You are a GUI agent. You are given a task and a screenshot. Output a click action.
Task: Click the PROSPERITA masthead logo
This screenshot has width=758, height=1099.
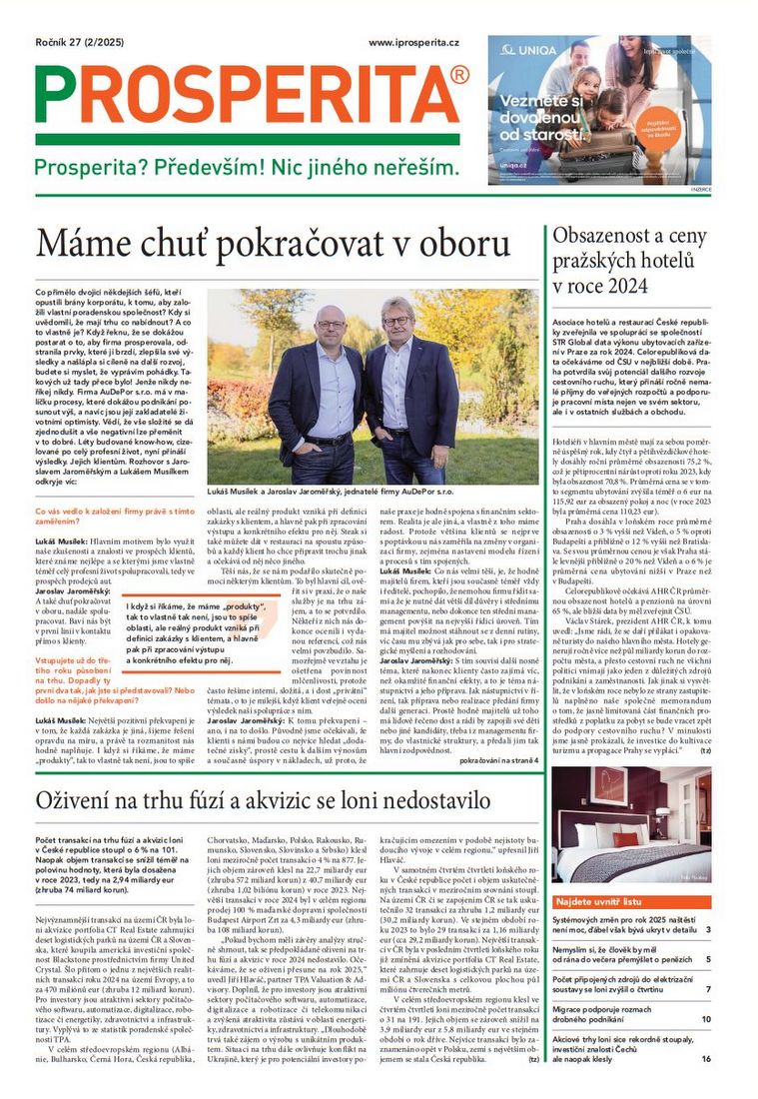[x=250, y=95]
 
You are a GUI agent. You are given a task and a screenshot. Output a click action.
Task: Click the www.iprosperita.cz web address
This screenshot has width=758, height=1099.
[x=413, y=44]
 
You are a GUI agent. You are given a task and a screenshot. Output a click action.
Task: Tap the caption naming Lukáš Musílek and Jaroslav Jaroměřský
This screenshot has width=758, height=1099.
[x=373, y=494]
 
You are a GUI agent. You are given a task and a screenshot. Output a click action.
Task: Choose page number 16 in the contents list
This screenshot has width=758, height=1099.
[x=705, y=1058]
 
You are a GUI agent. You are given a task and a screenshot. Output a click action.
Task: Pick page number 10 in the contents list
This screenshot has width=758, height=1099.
[x=705, y=1019]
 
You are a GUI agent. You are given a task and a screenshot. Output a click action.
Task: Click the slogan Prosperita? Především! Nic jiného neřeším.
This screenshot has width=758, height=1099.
[x=247, y=168]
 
